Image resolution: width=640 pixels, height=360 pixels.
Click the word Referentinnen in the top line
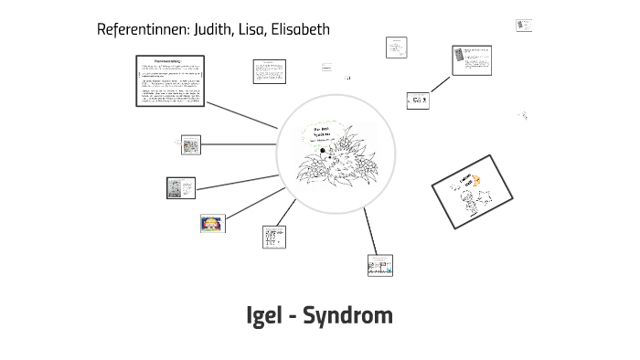[142, 29]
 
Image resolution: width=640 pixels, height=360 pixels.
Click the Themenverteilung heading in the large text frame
[172, 61]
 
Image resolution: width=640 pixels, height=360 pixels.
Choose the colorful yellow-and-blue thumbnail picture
[212, 223]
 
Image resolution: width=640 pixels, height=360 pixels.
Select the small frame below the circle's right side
[379, 265]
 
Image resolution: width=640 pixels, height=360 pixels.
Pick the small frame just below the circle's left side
[273, 238]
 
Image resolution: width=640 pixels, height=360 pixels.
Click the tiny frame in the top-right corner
[524, 26]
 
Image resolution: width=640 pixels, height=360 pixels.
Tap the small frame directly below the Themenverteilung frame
[190, 144]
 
